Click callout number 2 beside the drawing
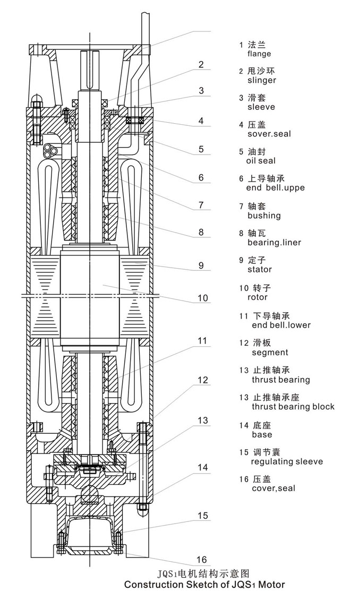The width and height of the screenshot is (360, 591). (201, 65)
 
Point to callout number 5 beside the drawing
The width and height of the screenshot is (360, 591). (201, 149)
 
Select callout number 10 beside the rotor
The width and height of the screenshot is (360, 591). (203, 298)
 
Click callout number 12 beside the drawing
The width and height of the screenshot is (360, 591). (203, 380)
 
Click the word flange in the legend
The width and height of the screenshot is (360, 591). (259, 54)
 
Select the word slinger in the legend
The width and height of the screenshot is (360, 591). (262, 80)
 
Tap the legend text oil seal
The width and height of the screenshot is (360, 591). (261, 161)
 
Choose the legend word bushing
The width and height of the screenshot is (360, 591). (264, 216)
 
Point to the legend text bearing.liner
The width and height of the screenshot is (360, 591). (274, 243)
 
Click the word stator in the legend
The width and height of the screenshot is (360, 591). (260, 269)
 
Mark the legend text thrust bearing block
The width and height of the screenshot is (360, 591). (293, 407)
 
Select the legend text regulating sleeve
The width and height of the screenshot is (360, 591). (287, 461)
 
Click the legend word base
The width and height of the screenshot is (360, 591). (262, 434)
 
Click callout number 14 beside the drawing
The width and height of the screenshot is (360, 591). (203, 467)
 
